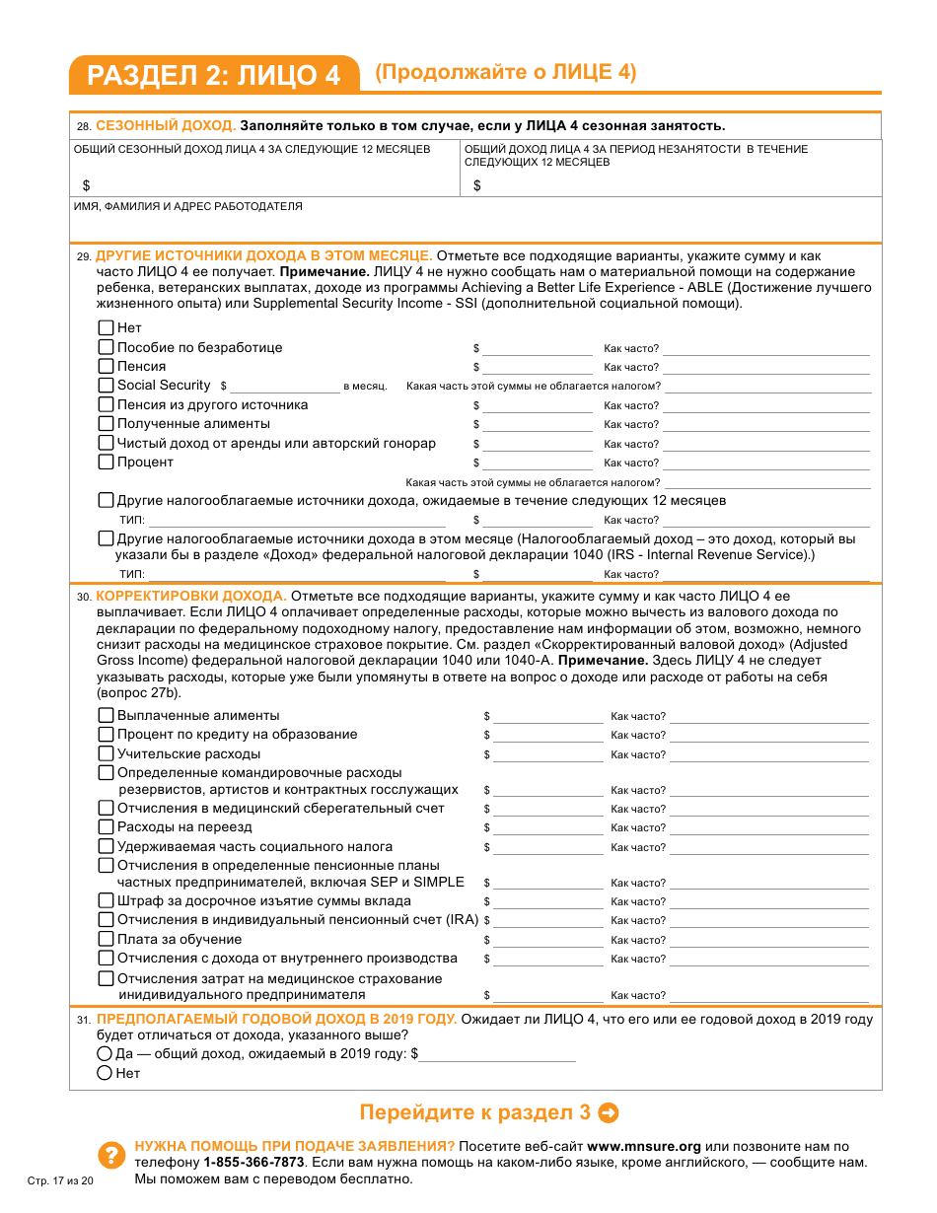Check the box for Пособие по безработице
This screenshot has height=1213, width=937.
(107, 347)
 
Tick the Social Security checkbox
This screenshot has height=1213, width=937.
(107, 386)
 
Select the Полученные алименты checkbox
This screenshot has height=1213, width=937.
(107, 424)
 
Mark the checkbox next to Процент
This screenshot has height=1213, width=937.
(107, 462)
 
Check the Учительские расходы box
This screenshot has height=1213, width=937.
(107, 754)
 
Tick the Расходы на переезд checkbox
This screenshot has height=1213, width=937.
(107, 827)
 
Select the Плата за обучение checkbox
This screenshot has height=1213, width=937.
(107, 940)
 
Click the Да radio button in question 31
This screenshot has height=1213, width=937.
(105, 1054)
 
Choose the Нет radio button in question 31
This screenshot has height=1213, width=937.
(105, 1074)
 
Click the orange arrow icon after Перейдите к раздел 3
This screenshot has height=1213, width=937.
(610, 1113)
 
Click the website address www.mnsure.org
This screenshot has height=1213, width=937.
(644, 1147)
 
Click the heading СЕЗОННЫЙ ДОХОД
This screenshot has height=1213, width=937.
(166, 126)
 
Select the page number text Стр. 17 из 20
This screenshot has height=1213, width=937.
(60, 1181)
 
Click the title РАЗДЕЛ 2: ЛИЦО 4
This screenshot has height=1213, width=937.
(213, 76)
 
